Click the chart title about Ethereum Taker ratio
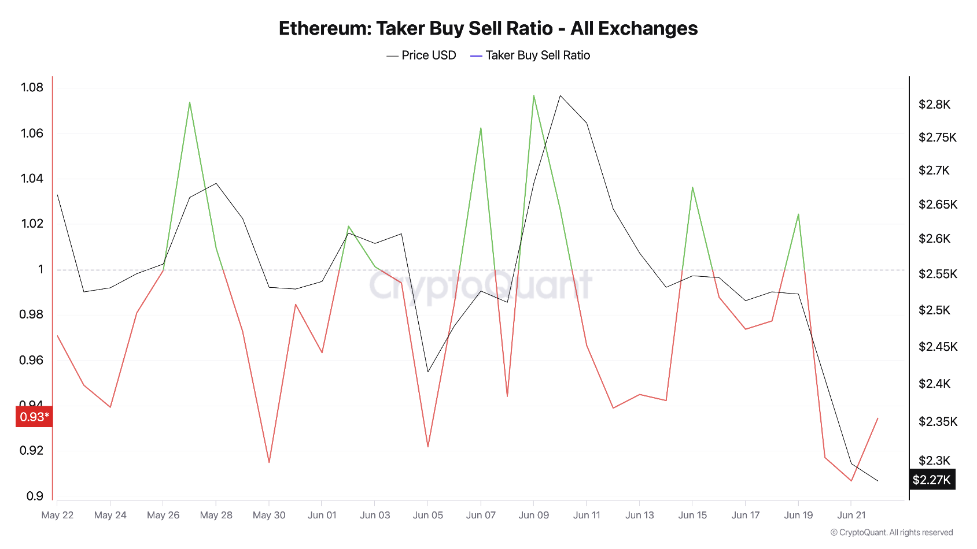[x=488, y=28]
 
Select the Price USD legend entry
[x=422, y=55]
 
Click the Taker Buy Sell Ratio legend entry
[x=530, y=55]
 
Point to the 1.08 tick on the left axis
[x=32, y=88]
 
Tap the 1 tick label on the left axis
[x=40, y=269]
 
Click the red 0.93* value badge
[x=34, y=417]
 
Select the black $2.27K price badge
[x=931, y=480]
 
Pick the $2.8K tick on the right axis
[x=934, y=105]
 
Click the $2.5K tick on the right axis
[x=934, y=310]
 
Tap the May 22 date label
[x=57, y=515]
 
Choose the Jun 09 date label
[x=533, y=515]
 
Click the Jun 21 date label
[x=851, y=515]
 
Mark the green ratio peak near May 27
[x=190, y=102]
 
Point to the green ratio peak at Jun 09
[x=533, y=95]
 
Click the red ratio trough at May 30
[x=269, y=462]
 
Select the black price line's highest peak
[x=560, y=95]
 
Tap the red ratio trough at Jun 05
[x=427, y=447]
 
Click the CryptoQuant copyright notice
[x=891, y=532]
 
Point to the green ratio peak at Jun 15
[x=692, y=187]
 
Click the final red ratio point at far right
[x=878, y=418]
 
